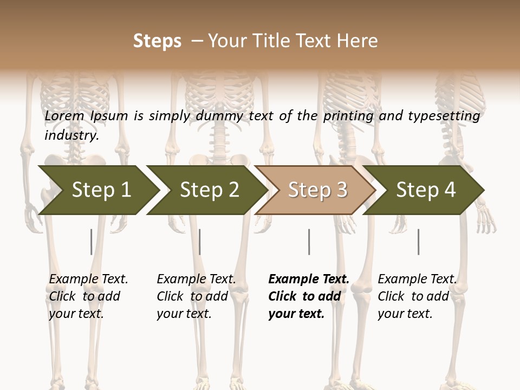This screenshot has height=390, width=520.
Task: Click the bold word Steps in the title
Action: coord(157,41)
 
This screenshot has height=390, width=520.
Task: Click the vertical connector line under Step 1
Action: coord(91,242)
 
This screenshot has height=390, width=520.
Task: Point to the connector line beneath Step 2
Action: coord(200,242)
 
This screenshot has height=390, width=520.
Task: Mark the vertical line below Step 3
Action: coord(309,242)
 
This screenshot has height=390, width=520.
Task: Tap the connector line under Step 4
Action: coord(418,242)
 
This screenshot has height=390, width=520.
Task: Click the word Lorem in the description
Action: coord(64,116)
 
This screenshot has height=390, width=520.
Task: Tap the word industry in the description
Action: coord(71,135)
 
